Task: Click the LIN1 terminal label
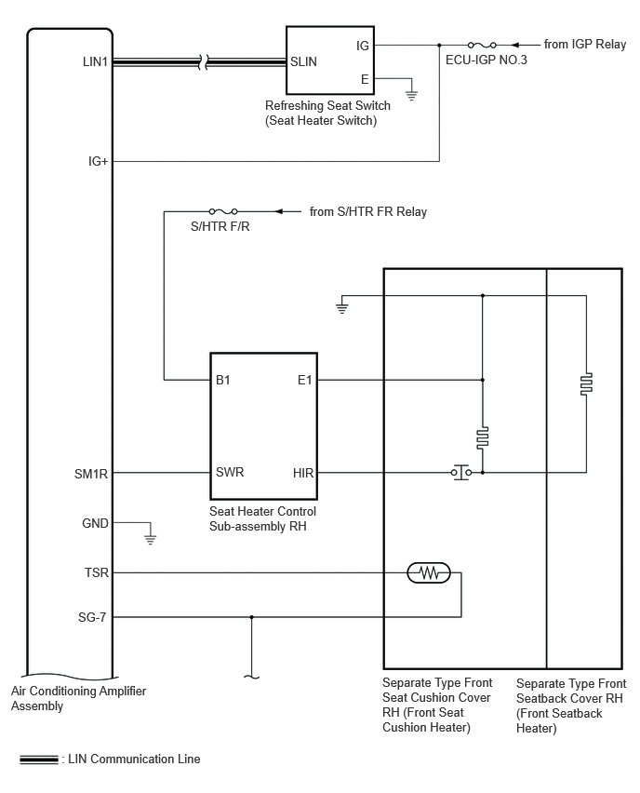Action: point(96,61)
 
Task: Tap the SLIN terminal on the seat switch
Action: point(303,61)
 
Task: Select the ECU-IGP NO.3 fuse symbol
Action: point(482,45)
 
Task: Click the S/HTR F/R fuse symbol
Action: point(223,211)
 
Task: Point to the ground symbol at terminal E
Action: point(411,95)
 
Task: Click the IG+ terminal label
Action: point(98,161)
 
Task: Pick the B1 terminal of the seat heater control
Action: point(223,380)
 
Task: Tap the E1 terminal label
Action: point(305,380)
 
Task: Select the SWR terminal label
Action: point(230,472)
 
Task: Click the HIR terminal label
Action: point(303,473)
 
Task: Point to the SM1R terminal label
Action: point(91,474)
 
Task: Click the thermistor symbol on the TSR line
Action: point(429,573)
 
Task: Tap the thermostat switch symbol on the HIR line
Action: point(461,473)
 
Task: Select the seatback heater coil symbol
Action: point(586,383)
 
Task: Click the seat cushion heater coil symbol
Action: point(483,438)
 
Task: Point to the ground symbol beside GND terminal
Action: point(150,539)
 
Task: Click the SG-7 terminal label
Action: point(92,617)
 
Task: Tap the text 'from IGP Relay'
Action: point(585,45)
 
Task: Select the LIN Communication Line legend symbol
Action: point(39,759)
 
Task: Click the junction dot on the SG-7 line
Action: point(252,617)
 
